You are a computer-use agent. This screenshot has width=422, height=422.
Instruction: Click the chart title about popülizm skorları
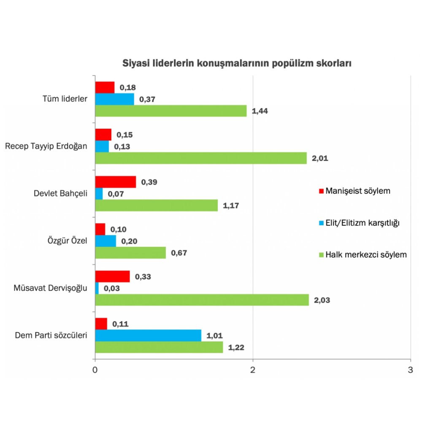pos(237,64)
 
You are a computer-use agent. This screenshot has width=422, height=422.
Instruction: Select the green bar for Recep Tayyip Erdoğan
pos(200,158)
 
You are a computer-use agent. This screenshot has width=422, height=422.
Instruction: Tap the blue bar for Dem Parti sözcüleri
pos(148,335)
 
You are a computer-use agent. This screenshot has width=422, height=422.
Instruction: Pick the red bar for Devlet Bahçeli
pos(115,182)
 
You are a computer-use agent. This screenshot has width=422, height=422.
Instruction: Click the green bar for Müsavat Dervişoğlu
pos(202,300)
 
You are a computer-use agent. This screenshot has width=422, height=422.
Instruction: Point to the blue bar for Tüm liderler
pos(114,99)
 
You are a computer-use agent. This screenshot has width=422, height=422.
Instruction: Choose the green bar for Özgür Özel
pos(130,253)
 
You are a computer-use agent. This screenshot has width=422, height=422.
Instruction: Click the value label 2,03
pos(322,300)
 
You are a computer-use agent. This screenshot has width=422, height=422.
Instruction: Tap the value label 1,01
pos(214,336)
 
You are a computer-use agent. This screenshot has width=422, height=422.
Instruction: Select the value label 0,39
pos(149,182)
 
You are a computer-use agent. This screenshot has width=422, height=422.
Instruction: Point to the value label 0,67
pos(179,253)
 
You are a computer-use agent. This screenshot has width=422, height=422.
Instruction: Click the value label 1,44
pos(260,111)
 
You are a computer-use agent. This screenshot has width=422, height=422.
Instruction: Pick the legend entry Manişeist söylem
pos(354,191)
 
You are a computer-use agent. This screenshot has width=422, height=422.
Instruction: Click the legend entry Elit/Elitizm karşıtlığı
pos(358,223)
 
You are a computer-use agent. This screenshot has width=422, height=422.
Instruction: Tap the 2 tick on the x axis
pos(253,370)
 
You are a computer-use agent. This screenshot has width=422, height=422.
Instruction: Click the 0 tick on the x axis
pos(95,370)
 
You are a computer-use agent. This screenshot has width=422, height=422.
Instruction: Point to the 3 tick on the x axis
pos(411,370)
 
